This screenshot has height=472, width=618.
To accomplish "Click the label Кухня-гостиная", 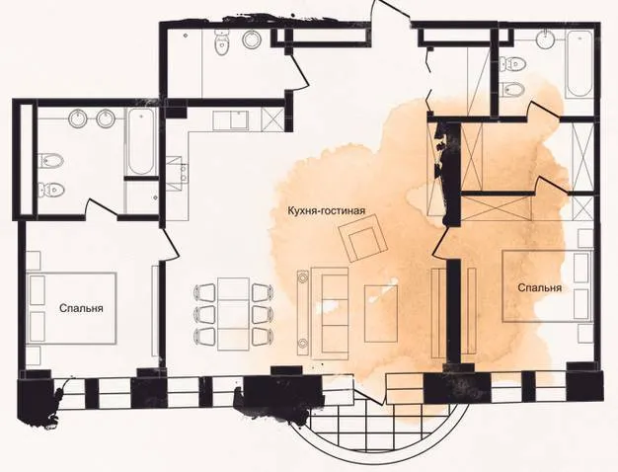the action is [x=327, y=210].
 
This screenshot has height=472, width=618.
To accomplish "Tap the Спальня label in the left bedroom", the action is [x=81, y=307].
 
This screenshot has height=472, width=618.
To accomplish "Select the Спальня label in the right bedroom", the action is [x=540, y=287].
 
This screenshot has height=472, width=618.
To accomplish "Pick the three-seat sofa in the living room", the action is [x=331, y=313].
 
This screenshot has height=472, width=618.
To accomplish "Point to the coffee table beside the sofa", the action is [x=381, y=313].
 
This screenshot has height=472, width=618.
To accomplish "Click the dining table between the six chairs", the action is [x=234, y=313].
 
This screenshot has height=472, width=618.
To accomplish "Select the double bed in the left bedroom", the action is [x=72, y=308].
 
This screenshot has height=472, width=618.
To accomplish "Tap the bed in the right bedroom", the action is [x=548, y=286].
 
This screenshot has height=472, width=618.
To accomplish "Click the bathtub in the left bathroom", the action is [x=141, y=141].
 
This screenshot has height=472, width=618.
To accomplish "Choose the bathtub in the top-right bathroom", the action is [x=579, y=64].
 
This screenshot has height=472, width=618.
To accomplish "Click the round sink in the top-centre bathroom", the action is [x=251, y=39].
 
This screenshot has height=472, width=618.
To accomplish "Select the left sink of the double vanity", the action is [x=78, y=118].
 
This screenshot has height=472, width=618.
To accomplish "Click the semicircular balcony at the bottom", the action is [x=379, y=428].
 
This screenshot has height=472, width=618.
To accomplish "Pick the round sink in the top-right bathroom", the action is [x=546, y=39].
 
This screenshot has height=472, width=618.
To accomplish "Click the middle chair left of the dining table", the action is [x=203, y=314].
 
